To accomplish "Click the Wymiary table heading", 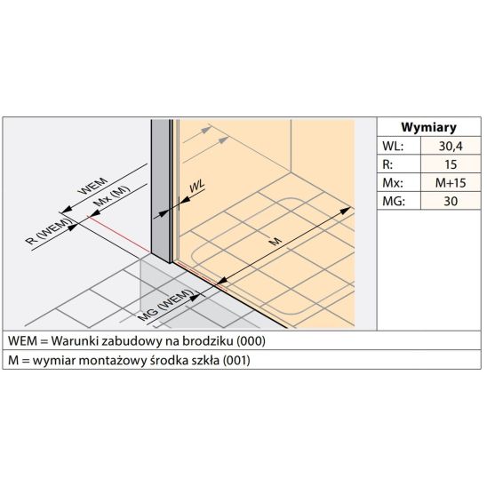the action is (428, 127).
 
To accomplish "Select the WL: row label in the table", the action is (393, 146).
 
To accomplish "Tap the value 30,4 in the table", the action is (451, 146).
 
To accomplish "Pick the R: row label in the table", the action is (387, 164).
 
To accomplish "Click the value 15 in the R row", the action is (451, 164).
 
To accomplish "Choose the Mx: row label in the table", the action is (393, 183).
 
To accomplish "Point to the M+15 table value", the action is (451, 183).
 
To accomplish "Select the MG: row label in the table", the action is (394, 201).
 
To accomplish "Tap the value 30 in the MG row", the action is (451, 201).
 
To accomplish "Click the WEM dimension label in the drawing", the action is (93, 186).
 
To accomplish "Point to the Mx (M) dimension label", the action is (111, 196).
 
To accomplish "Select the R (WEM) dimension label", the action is (49, 231).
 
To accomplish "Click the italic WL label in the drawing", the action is (197, 186).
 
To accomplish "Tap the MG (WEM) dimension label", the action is (165, 305).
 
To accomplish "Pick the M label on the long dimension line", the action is (275, 241).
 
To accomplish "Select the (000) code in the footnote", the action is (251, 341).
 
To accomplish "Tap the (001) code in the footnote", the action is (236, 360).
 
